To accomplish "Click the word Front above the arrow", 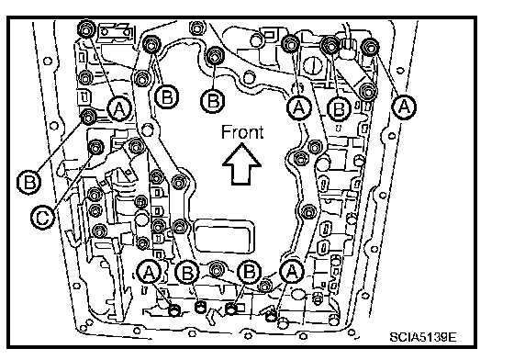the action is [x=242, y=132].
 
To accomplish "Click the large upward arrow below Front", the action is [x=241, y=164].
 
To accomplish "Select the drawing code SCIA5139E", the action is [x=423, y=337].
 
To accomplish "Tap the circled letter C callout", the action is [x=42, y=218].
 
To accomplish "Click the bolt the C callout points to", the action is [x=96, y=148].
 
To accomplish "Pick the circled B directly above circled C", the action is [x=29, y=181].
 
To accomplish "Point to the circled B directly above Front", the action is [x=213, y=100].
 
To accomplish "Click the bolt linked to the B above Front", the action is [x=214, y=56].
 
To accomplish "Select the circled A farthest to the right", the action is [x=404, y=107].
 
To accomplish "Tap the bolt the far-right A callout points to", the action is [x=370, y=47].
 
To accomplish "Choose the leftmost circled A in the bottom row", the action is [x=149, y=273].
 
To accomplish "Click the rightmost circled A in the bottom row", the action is [x=292, y=272].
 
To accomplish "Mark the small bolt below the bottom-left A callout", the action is [x=174, y=309].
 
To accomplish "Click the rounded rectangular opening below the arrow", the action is [x=224, y=236].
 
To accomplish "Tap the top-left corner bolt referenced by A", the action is [x=86, y=29].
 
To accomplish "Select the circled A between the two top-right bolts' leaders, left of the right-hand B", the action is [x=298, y=107].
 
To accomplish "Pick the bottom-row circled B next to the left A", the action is [x=187, y=273].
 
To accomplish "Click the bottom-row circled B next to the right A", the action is [x=249, y=273].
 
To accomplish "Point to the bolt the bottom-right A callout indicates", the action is [x=271, y=316].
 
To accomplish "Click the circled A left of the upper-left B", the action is [x=119, y=108].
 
